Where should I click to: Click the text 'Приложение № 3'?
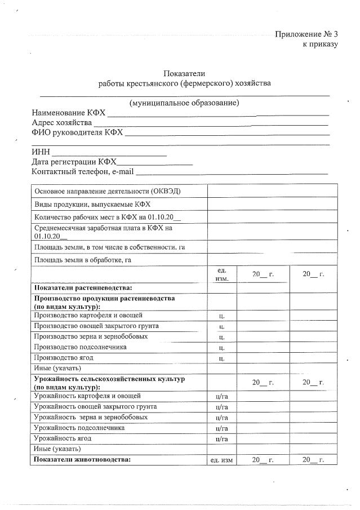(306, 34)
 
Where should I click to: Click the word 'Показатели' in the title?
(184, 73)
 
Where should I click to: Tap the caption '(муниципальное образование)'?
(184, 103)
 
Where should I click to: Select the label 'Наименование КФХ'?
(68, 113)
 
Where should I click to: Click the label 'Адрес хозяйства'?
(61, 123)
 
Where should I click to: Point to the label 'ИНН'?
(41, 152)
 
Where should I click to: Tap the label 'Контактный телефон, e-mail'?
(82, 171)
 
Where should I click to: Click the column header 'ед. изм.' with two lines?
(221, 274)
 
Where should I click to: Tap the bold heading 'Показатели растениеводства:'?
(83, 287)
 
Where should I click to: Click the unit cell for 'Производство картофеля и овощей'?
(221, 316)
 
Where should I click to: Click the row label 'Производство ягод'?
(64, 358)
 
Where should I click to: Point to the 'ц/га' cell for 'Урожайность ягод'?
(221, 438)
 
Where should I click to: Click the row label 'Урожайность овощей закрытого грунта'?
(95, 406)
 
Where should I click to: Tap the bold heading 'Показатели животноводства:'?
(82, 460)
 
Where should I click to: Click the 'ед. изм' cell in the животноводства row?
(221, 460)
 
